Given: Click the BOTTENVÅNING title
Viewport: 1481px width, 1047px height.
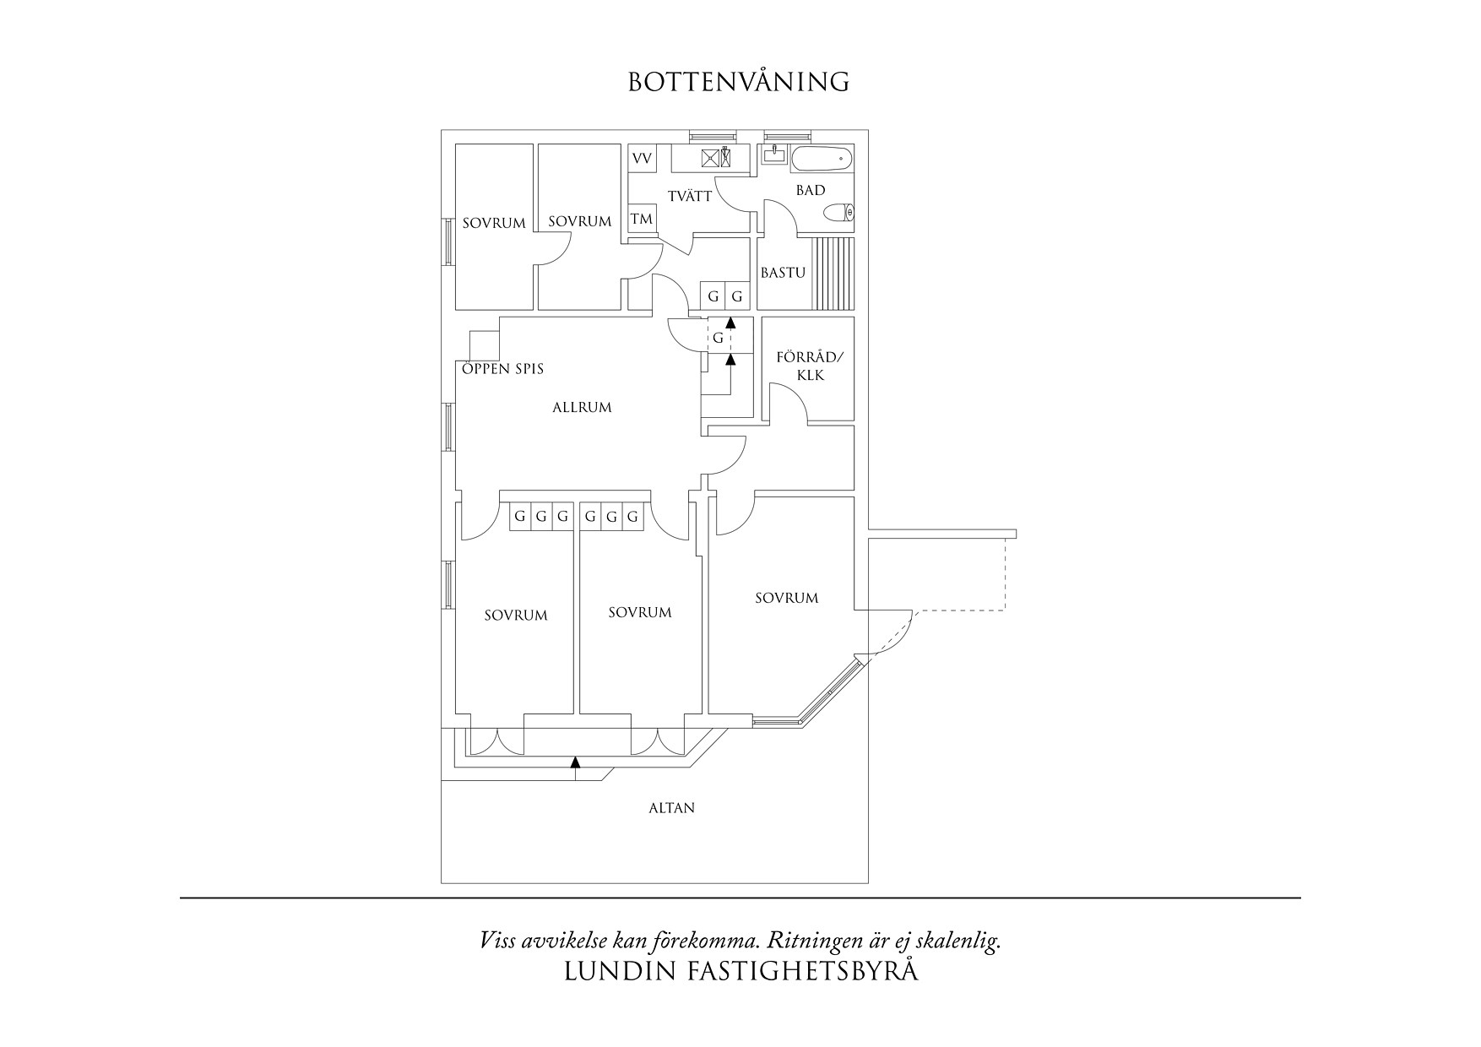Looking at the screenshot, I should [x=739, y=82].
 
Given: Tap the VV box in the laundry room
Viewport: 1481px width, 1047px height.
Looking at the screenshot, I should [x=642, y=159].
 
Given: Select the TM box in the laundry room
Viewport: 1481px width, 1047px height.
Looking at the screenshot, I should [x=642, y=219].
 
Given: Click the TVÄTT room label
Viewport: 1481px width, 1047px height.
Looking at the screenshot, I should [x=690, y=196].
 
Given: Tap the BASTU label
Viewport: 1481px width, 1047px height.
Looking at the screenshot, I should [x=783, y=273].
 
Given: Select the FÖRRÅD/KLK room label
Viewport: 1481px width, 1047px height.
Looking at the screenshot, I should [x=810, y=366].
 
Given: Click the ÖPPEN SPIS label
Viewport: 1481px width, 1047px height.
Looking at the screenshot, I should [x=502, y=369].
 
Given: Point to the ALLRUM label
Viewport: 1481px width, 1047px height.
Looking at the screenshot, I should [x=582, y=407].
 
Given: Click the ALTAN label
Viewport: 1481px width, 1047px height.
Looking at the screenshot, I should [x=671, y=808].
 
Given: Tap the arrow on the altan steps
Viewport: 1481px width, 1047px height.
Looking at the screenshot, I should [x=576, y=762].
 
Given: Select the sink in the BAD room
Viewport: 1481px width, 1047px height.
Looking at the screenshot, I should [x=773, y=155].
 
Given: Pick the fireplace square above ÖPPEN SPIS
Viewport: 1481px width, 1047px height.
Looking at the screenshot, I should [x=484, y=345].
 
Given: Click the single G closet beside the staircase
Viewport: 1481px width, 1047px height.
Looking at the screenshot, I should [x=718, y=338].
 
